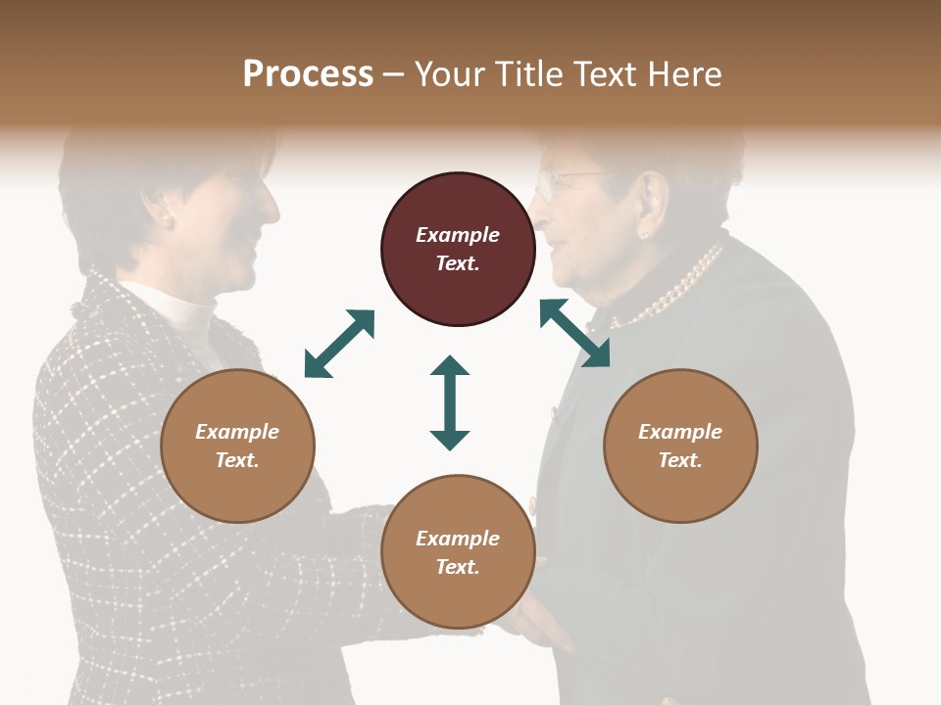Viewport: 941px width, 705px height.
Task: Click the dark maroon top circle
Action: [x=458, y=250]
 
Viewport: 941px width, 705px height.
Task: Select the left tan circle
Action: [x=237, y=446]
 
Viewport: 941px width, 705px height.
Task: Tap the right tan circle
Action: [x=680, y=446]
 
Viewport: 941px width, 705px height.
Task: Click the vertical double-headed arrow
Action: [x=450, y=402]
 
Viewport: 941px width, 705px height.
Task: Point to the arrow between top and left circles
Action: [x=339, y=344]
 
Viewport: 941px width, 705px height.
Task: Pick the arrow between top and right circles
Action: [x=574, y=333]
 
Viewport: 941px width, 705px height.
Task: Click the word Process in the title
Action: [x=308, y=74]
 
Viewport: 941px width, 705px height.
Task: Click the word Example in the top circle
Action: [x=458, y=235]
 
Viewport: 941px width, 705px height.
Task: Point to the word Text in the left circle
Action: [x=237, y=460]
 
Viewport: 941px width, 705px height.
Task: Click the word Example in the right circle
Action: [x=680, y=432]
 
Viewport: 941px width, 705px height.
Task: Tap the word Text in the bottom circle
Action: [x=458, y=567]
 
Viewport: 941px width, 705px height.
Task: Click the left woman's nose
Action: [x=272, y=208]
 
